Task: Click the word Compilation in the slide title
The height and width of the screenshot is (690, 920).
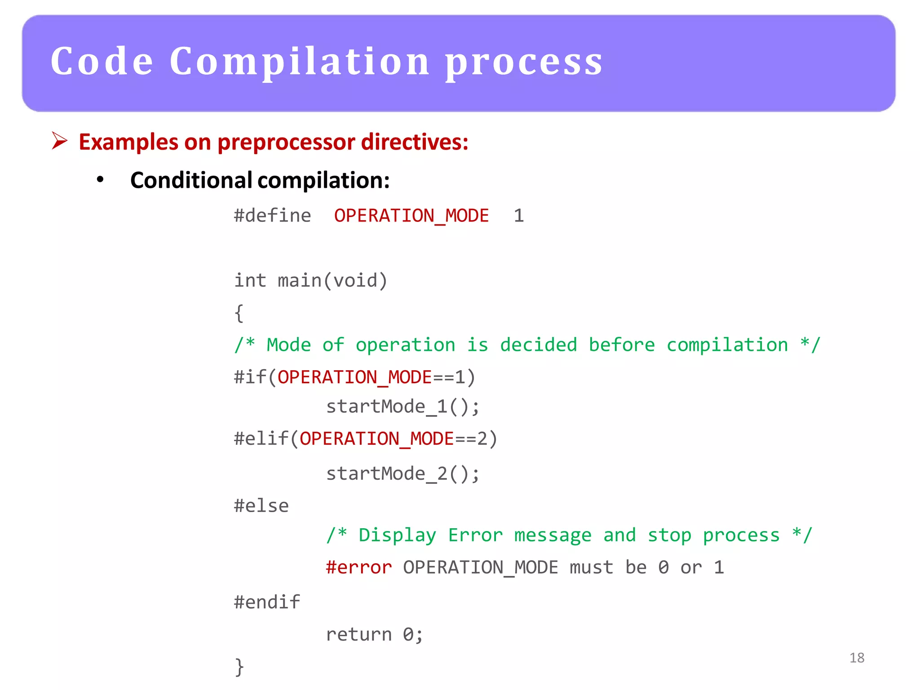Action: (x=300, y=62)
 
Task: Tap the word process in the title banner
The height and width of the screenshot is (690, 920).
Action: (x=524, y=63)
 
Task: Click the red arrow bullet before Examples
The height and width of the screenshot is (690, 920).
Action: (x=59, y=141)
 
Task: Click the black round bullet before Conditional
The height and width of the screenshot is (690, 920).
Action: (x=100, y=180)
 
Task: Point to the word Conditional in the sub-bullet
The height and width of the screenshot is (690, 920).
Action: (x=191, y=180)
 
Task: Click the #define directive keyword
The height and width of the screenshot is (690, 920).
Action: (x=272, y=216)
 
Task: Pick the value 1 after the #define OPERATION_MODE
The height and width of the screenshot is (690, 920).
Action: (x=519, y=216)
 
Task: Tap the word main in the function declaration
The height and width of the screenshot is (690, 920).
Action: (x=300, y=280)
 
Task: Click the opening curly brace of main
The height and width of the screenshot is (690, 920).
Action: (x=239, y=313)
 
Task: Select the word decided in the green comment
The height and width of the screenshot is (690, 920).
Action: (x=538, y=345)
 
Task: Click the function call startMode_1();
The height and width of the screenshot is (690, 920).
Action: (x=402, y=407)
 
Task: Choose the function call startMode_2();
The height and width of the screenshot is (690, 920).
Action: (x=402, y=473)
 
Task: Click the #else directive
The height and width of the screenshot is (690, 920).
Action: (x=261, y=506)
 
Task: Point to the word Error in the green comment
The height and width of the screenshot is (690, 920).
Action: (x=475, y=535)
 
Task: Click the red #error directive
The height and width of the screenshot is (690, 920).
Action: (x=358, y=567)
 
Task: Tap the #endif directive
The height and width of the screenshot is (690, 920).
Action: (x=267, y=602)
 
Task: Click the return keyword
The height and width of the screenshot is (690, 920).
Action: (x=358, y=634)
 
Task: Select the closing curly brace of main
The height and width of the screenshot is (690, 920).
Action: (x=239, y=667)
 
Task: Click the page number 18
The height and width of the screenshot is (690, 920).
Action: (x=857, y=658)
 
